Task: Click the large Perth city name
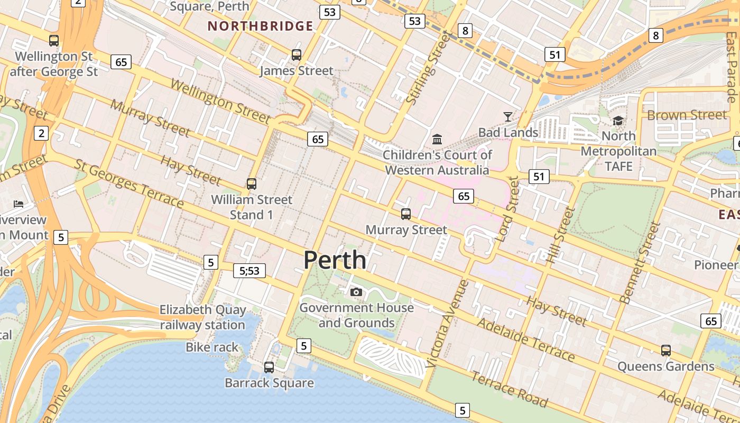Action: click(x=335, y=260)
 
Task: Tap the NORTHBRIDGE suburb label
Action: click(x=260, y=26)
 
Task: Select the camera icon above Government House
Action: click(x=356, y=292)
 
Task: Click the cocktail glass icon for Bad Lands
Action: click(x=508, y=116)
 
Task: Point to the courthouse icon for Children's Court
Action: click(x=437, y=140)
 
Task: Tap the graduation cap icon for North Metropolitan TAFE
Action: click(x=618, y=121)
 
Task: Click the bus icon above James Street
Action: click(x=297, y=55)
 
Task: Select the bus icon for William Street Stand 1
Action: click(x=252, y=184)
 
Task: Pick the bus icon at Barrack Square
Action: click(x=269, y=367)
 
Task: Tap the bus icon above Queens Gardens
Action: click(x=666, y=350)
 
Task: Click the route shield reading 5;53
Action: click(x=249, y=271)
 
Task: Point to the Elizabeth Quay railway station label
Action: click(x=203, y=317)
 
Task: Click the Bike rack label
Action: click(x=212, y=347)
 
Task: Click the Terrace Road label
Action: click(x=509, y=390)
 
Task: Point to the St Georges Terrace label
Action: click(x=129, y=183)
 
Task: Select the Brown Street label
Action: click(x=687, y=115)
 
